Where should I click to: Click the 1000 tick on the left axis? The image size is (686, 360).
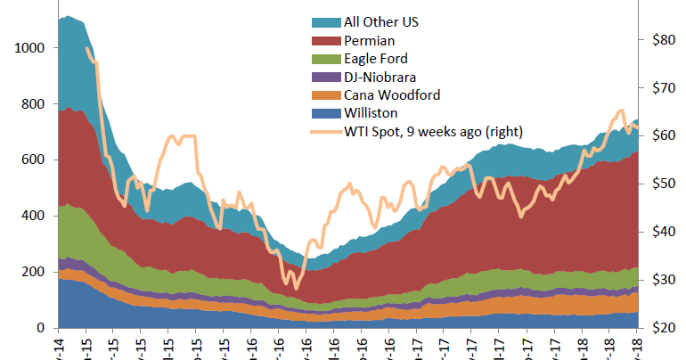[x=29, y=48]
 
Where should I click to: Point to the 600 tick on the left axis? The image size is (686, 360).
[x=34, y=160]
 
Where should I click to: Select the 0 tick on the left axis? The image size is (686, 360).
[x=42, y=329]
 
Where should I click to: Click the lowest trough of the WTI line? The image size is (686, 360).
[x=297, y=288]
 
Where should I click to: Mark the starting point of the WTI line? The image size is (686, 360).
[x=86, y=48]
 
